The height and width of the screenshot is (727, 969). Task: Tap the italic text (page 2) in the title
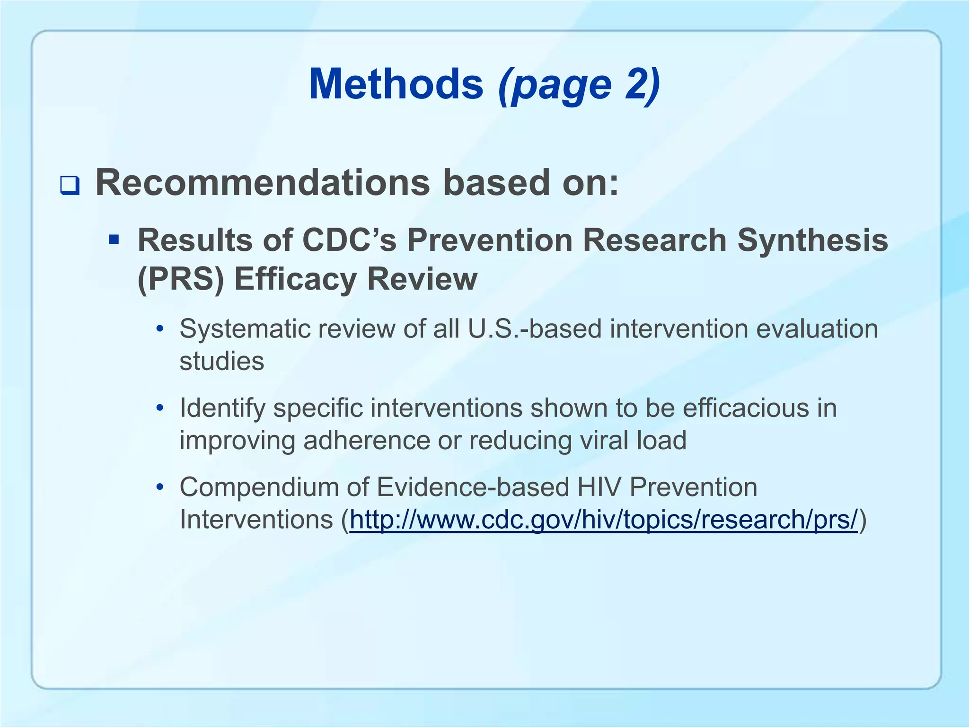pyautogui.click(x=579, y=85)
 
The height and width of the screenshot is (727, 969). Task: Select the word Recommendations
pyautogui.click(x=263, y=183)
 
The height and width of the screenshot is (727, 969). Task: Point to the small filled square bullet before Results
pyautogui.click(x=114, y=239)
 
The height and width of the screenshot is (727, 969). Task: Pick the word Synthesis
pyautogui.click(x=812, y=240)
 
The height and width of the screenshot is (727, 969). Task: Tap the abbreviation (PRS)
pyautogui.click(x=180, y=279)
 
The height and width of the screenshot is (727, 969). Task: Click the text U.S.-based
pyautogui.click(x=534, y=329)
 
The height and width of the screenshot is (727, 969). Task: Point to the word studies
pyautogui.click(x=222, y=361)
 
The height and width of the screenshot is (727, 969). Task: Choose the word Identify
pyautogui.click(x=222, y=408)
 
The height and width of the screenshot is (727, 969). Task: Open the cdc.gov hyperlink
pyautogui.click(x=603, y=520)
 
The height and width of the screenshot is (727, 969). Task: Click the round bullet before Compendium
pyautogui.click(x=160, y=487)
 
